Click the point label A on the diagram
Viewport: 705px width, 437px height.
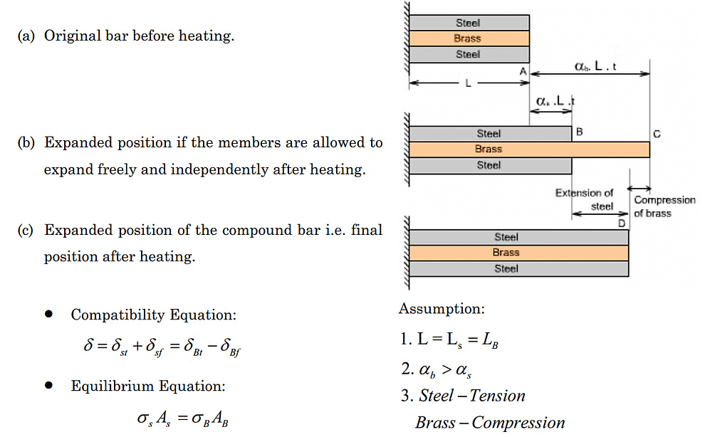pos(523,71)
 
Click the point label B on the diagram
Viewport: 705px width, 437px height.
pos(580,132)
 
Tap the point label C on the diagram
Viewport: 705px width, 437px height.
pos(656,133)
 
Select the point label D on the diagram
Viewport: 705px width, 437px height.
pos(622,223)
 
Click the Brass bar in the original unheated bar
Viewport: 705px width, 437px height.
pos(468,38)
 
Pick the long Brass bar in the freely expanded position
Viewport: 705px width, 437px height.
pos(528,149)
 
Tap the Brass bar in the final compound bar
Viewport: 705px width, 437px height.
pos(518,253)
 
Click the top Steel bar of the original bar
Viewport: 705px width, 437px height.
pos(468,23)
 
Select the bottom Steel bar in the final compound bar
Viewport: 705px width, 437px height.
pos(518,269)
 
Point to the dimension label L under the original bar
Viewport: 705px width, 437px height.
pos(468,84)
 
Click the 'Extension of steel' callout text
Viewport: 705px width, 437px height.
pos(585,200)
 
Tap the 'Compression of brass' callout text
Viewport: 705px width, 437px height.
pos(664,206)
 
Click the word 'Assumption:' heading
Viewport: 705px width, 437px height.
pos(442,309)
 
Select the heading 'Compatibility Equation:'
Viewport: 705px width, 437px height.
pos(153,315)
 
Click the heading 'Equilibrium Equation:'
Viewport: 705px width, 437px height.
pos(148,386)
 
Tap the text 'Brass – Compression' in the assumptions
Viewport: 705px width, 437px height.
pos(490,423)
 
